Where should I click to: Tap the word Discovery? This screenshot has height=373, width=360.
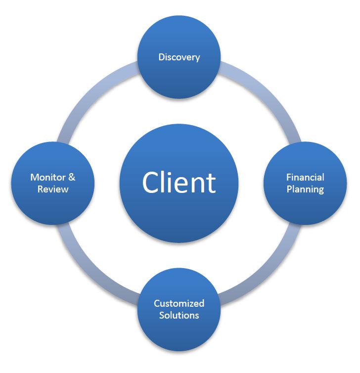(179, 57)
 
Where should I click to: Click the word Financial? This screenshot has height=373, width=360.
(305, 177)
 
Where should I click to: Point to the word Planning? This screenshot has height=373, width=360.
(305, 189)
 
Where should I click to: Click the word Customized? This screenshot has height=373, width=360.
(179, 303)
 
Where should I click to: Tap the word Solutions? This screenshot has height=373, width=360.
(179, 315)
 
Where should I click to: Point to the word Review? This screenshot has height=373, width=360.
(52, 189)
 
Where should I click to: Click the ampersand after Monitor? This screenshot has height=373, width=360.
(72, 177)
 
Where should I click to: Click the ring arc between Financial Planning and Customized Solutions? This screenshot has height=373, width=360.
(268, 272)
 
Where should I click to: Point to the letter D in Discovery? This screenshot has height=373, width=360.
(161, 57)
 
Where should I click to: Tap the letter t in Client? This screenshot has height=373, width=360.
(211, 183)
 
